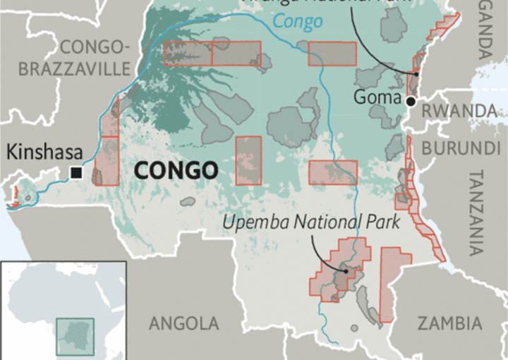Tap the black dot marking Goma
pyautogui.click(x=411, y=102)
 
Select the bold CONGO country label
pyautogui.click(x=175, y=170)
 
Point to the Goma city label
pyautogui.click(x=377, y=97)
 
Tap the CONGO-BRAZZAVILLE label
pyautogui.click(x=75, y=58)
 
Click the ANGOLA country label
pyautogui.click(x=183, y=323)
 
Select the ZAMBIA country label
pyautogui.click(x=449, y=323)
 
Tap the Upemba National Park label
pyautogui.click(x=311, y=223)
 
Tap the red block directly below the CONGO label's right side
pyautogui.click(x=248, y=161)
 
